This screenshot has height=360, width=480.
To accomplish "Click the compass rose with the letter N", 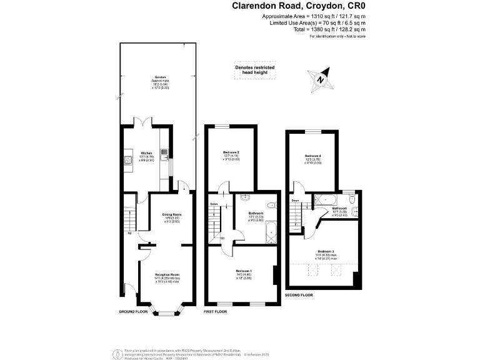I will [x=319, y=79].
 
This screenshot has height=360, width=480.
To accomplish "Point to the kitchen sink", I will [x=164, y=152].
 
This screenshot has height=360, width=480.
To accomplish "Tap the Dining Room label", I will [x=171, y=216].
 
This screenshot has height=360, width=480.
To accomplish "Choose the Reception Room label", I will [x=167, y=276].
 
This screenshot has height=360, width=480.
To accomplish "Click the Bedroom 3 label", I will [x=325, y=253].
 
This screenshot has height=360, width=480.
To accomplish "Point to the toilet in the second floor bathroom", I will [x=353, y=199].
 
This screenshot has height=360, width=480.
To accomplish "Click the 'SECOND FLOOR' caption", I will [x=299, y=294].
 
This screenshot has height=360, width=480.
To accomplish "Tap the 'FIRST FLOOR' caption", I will [x=216, y=311].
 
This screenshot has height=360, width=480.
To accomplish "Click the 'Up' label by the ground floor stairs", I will [x=129, y=234].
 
